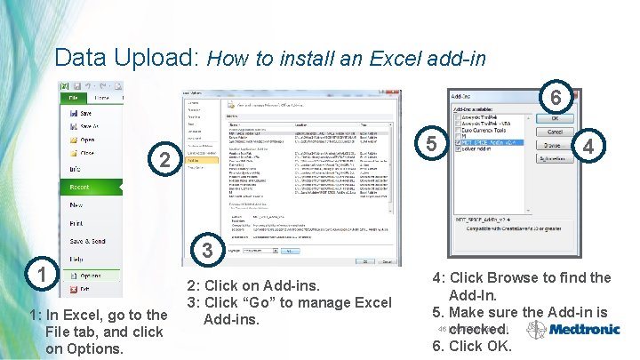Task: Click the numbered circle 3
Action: [x=206, y=252]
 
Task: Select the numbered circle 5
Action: [x=431, y=143]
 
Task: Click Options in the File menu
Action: [x=91, y=276]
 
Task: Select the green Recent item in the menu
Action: [x=81, y=188]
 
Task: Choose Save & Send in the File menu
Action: [x=88, y=241]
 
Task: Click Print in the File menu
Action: [x=78, y=223]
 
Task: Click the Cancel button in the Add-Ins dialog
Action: [x=553, y=131]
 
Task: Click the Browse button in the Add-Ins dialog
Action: [x=553, y=144]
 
